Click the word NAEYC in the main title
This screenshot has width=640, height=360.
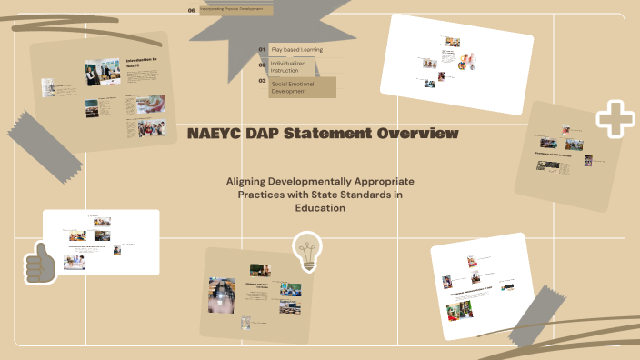tap(215, 135)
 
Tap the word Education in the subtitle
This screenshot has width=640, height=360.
tap(320, 208)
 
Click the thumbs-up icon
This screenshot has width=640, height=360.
tap(40, 263)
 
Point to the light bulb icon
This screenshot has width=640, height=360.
tap(307, 250)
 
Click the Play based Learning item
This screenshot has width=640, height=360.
tap(296, 49)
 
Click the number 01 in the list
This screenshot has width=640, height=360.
tap(262, 49)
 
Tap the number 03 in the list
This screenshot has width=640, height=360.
tap(262, 81)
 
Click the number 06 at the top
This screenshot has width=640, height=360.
tap(191, 10)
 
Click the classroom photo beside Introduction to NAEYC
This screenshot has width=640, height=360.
tap(103, 74)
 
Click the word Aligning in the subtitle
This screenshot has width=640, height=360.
tap(251, 182)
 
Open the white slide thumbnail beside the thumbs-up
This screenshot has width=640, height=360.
tap(101, 242)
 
